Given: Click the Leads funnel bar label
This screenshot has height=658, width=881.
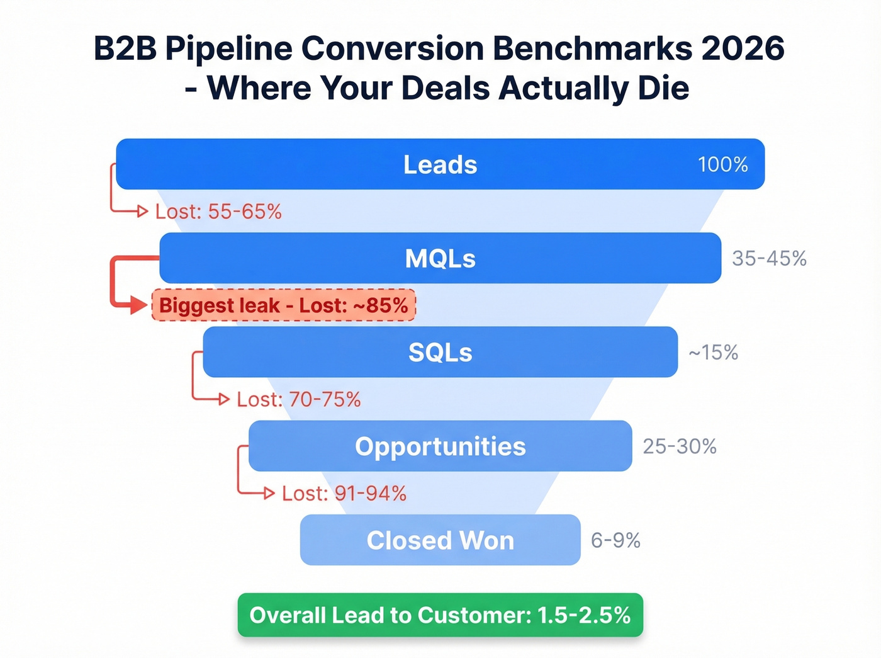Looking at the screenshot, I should point(440,164).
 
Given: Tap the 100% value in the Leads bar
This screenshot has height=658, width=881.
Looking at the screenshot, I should point(722,164).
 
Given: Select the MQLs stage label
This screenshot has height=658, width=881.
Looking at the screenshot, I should point(440,258).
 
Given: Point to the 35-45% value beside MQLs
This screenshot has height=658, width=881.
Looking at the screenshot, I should point(769,258).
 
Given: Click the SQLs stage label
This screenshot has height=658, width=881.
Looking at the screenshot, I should point(440,352).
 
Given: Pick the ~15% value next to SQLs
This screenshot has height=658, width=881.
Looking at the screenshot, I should point(713,352).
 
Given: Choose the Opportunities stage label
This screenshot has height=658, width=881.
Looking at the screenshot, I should point(440,446).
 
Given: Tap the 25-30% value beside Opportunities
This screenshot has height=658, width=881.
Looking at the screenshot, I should point(680,446).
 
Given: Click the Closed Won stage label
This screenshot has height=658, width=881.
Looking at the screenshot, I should point(440,540).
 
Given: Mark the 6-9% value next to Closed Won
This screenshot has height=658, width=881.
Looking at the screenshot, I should point(615,540).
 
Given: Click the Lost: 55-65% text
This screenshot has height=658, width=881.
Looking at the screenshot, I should point(218,212).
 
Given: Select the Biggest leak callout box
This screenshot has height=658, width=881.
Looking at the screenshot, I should point(284,305).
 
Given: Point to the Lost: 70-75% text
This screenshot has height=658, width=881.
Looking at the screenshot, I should point(298,399).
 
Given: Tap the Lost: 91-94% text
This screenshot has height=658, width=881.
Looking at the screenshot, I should point(344,493).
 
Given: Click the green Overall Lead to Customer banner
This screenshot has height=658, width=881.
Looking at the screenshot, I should point(440,615).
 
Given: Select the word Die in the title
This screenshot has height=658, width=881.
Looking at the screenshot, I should point(663,88).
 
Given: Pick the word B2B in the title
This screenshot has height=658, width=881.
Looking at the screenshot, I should point(125,48).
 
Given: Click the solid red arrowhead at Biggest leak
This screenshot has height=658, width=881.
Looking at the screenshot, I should point(139,306).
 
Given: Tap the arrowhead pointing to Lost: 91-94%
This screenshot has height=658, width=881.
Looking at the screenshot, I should point(269,493).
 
